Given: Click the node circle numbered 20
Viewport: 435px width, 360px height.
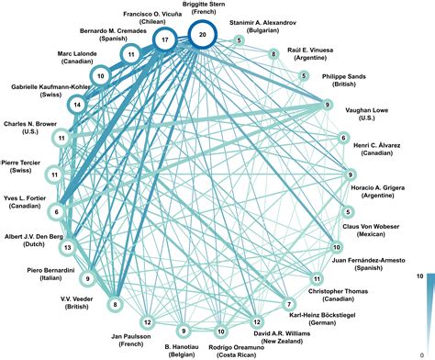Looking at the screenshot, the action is (203, 35).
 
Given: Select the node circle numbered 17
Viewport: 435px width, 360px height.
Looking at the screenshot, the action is (165, 40).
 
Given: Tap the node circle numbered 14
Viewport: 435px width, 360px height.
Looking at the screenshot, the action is (77, 105).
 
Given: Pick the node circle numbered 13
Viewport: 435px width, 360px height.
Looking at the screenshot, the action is (66, 247).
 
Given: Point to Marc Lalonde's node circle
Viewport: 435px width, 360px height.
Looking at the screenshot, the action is (101, 76).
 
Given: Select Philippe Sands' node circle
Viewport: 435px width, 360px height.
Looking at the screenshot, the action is (305, 76).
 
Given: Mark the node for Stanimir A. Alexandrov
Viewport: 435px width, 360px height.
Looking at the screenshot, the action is (240, 40).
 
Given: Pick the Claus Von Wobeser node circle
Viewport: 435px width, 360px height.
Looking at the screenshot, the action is (348, 212).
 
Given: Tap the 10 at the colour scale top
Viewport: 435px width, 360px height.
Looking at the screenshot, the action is (418, 276).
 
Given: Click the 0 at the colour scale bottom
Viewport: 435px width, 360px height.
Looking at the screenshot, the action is (419, 354).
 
